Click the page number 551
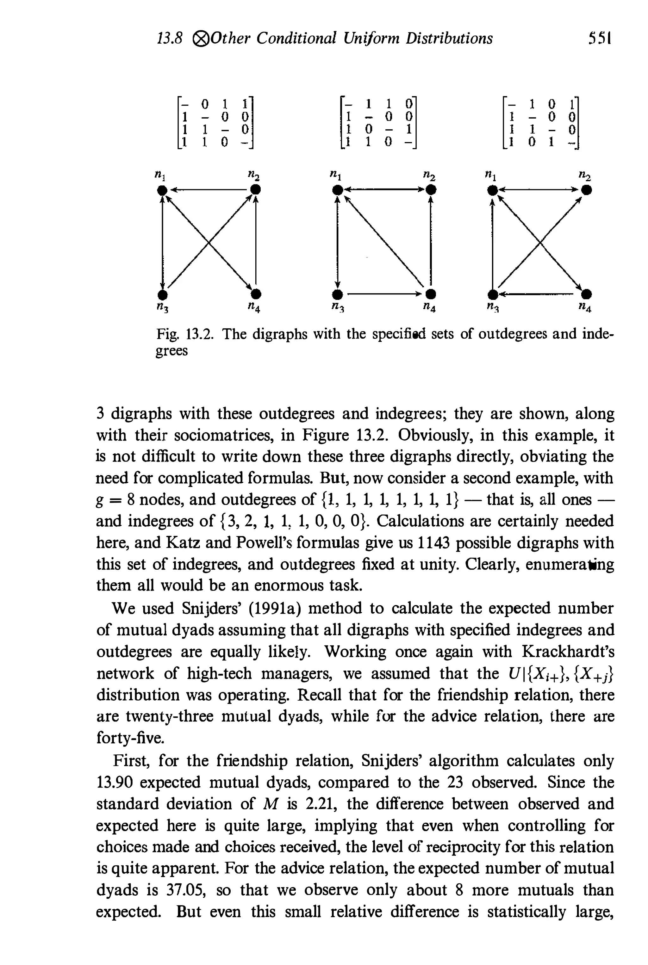(600, 38)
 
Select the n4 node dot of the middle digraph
(431, 294)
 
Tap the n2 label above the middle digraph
(429, 176)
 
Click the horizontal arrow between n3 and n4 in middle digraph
(384, 294)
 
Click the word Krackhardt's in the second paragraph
(568, 652)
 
